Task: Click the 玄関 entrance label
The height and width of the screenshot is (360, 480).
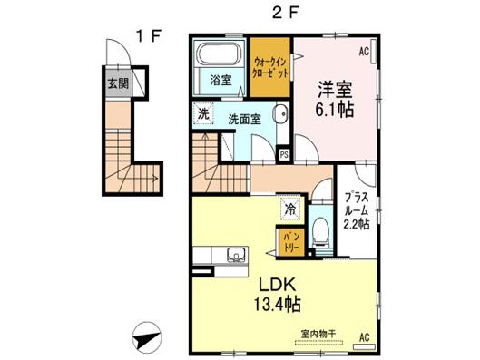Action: pyautogui.click(x=119, y=83)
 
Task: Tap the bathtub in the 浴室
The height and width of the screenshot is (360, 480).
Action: pyautogui.click(x=218, y=54)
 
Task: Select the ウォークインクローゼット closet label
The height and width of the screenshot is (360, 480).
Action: pyautogui.click(x=270, y=68)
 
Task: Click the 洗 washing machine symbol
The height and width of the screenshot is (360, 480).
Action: pyautogui.click(x=203, y=113)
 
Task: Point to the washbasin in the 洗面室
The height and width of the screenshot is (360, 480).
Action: pyautogui.click(x=281, y=113)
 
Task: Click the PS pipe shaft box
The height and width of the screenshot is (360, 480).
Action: pyautogui.click(x=284, y=155)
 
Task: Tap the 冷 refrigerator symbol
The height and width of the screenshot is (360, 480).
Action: pyautogui.click(x=290, y=209)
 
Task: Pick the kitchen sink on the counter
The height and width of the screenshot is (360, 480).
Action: pyautogui.click(x=236, y=255)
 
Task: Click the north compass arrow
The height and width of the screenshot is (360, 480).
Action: pyautogui.click(x=147, y=337)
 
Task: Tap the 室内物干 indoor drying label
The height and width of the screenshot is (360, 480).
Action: pyautogui.click(x=318, y=334)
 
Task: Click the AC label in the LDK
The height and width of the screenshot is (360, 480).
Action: pyautogui.click(x=364, y=337)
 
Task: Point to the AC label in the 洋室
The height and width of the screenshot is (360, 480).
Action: pyautogui.click(x=364, y=52)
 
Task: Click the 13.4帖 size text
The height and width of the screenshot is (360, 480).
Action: pyautogui.click(x=277, y=304)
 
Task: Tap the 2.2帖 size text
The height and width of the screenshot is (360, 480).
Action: pyautogui.click(x=356, y=224)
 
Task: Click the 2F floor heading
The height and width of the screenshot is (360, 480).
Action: pyautogui.click(x=285, y=13)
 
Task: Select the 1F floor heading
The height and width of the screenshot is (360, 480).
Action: pyautogui.click(x=149, y=36)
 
